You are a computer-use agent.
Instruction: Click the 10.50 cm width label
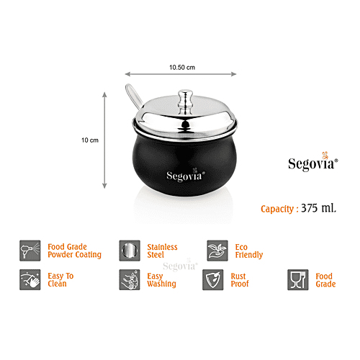[181, 66]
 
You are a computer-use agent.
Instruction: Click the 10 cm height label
[89, 140]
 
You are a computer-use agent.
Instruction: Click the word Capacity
[277, 209]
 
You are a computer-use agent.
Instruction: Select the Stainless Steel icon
[129, 250]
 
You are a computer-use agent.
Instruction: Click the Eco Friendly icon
[217, 250]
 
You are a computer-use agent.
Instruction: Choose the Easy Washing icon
[129, 279]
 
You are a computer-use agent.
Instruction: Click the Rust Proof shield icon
[213, 279]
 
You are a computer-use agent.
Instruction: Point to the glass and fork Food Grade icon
[298, 279]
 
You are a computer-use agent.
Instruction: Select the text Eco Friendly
[248, 251]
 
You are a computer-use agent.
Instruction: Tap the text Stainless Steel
[162, 251]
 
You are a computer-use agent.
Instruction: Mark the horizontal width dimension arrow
[182, 73]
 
